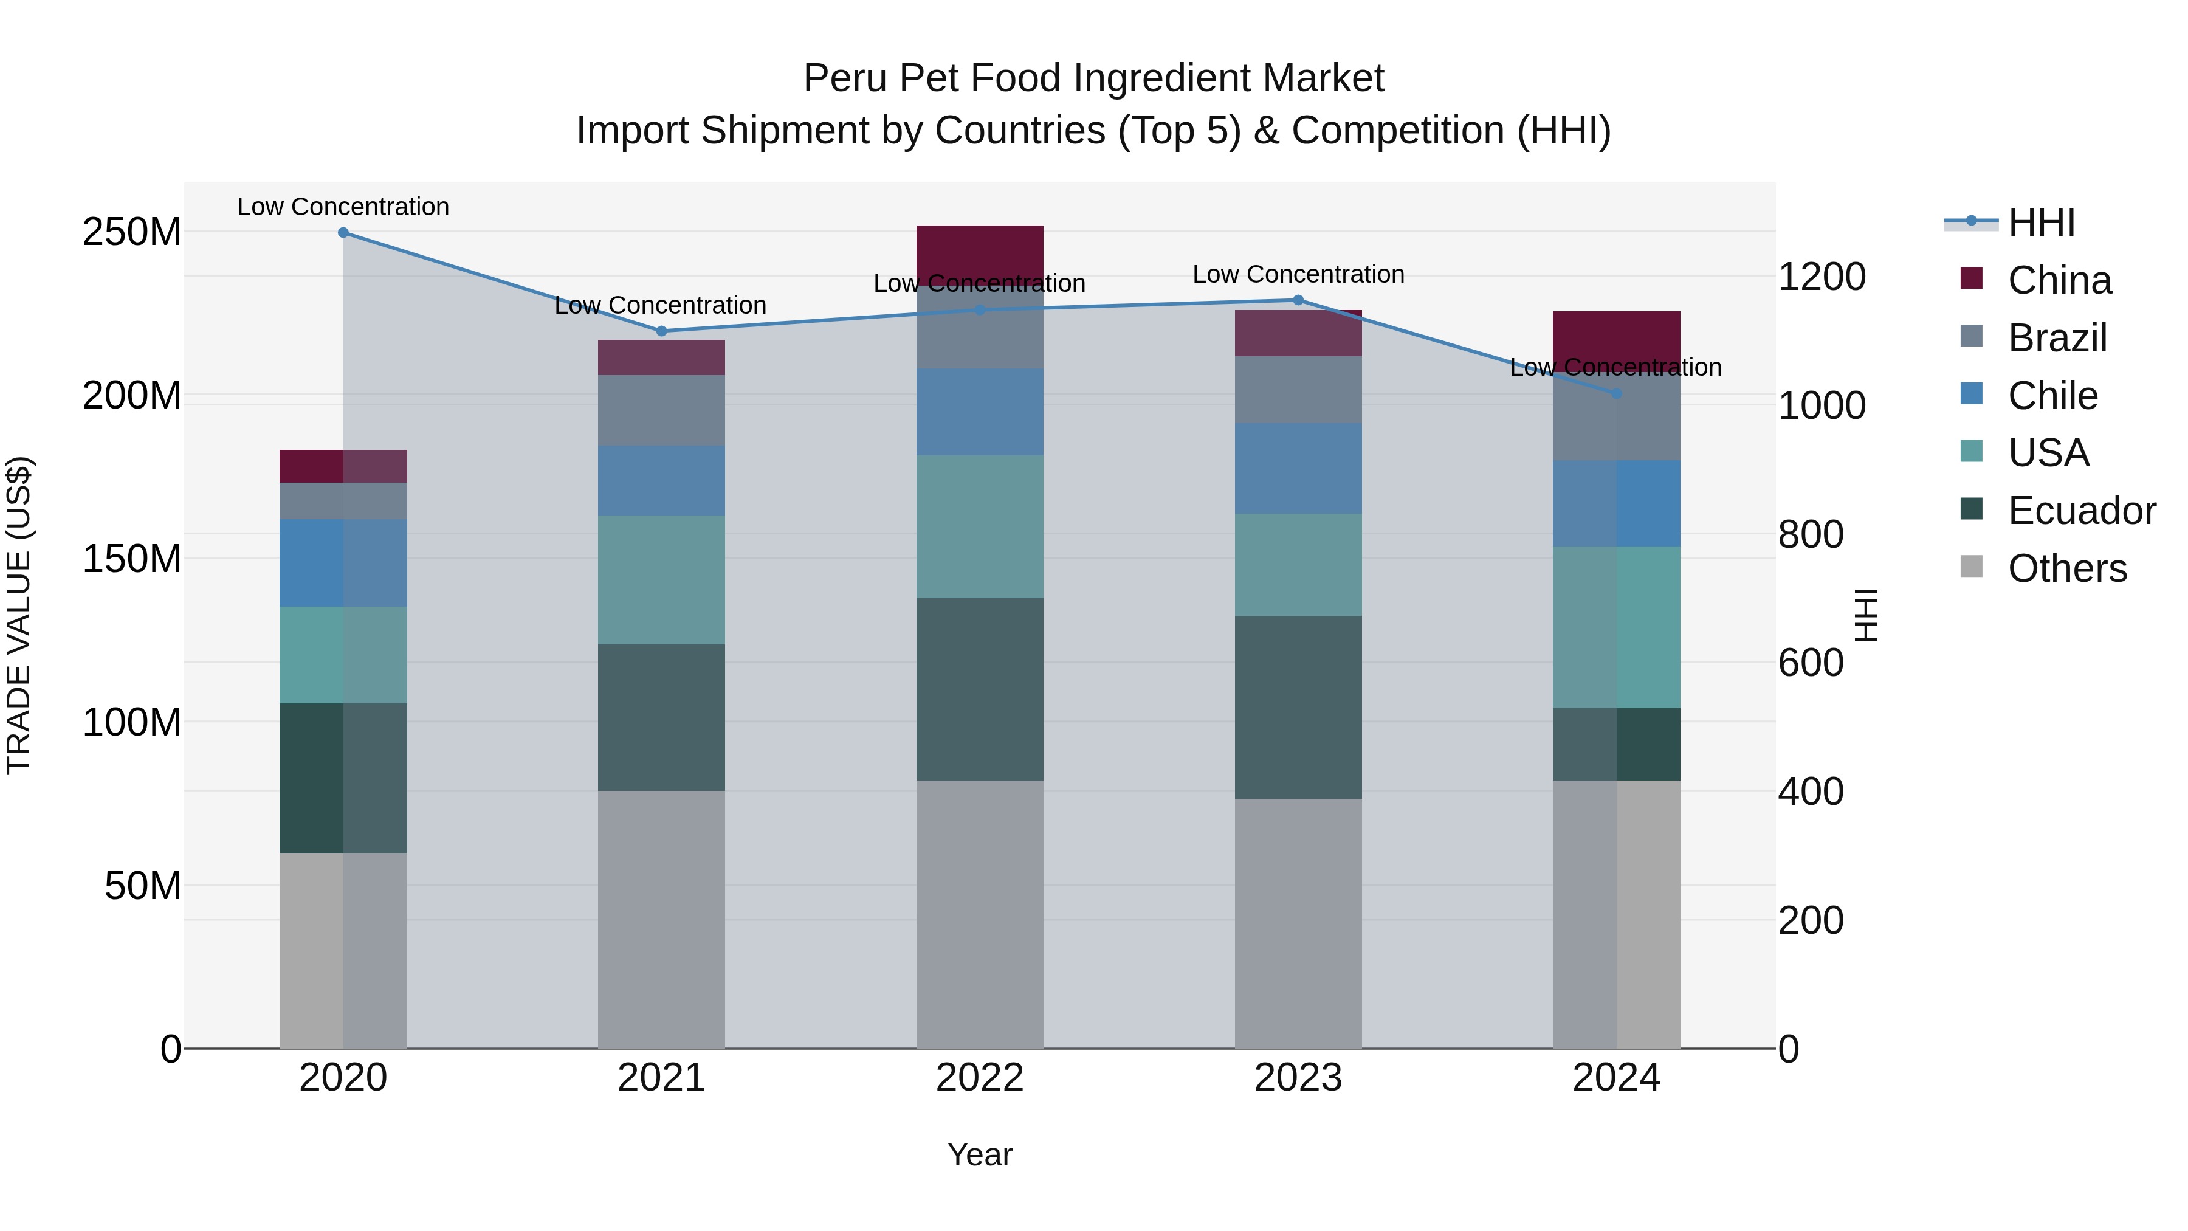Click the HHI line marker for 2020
pos(343,233)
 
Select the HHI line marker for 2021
pos(662,331)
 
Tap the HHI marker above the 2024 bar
pos(1616,394)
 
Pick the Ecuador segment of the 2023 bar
pos(1298,707)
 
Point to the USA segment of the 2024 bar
pos(1616,627)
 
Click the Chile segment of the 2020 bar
pos(343,562)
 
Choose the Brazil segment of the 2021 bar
pos(662,410)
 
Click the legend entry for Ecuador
pos(2081,511)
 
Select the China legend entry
pos(2059,280)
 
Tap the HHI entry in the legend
pos(2041,222)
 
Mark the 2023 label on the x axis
pos(1298,1078)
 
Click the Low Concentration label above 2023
pos(1298,274)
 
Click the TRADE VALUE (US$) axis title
pos(19,615)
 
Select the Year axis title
pos(979,1154)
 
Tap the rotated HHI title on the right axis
pos(1866,615)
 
